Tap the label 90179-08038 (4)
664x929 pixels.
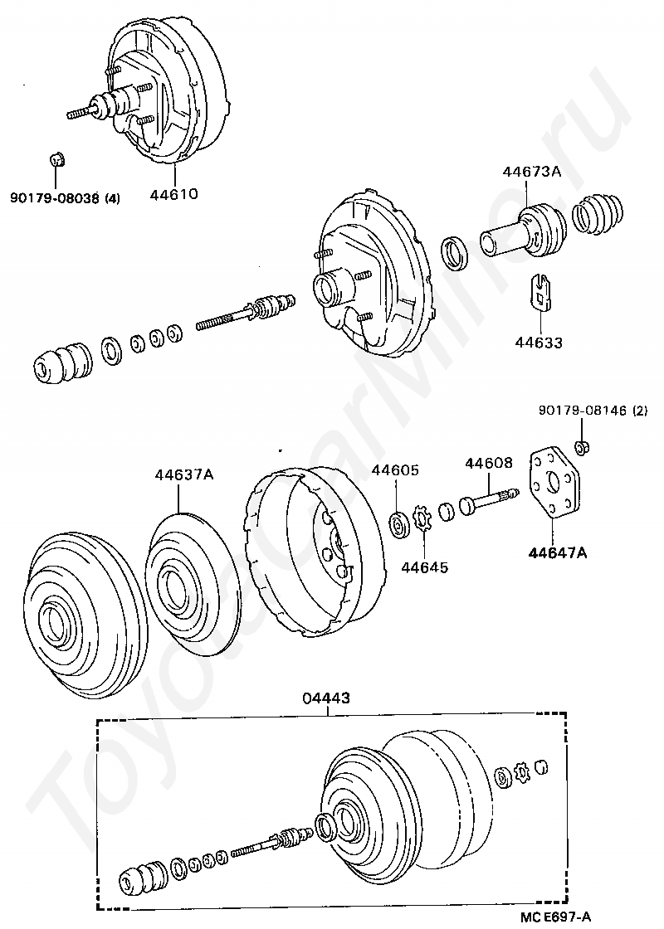[66, 198]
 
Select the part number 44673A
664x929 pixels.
[531, 173]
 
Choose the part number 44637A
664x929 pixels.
[184, 475]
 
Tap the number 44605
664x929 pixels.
[394, 469]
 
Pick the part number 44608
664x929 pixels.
[488, 463]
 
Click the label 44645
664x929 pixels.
[424, 568]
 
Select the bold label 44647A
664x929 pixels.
[554, 552]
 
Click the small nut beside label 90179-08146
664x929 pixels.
[583, 448]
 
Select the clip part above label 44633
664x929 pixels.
[541, 293]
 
